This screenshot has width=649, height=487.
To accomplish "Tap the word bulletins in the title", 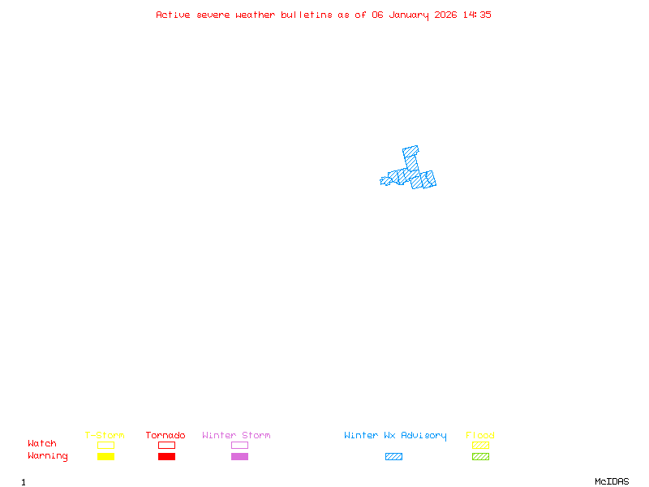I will (x=307, y=15).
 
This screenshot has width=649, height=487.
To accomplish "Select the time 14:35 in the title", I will (x=478, y=15).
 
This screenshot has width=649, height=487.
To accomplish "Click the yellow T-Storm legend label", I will (x=105, y=436).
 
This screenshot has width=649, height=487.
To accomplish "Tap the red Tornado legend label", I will (x=165, y=436).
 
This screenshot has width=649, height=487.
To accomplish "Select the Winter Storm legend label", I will (x=236, y=436).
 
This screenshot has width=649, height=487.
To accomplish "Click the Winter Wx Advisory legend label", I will (x=395, y=436).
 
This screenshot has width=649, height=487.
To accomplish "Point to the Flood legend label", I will (x=480, y=436).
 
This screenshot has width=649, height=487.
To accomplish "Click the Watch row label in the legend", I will (x=42, y=444).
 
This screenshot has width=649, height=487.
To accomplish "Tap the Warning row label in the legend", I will (x=48, y=456).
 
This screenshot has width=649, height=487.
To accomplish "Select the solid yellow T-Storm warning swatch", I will (x=105, y=457).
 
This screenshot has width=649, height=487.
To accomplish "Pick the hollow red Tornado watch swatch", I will (x=166, y=445).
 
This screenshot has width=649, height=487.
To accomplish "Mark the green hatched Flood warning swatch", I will (x=480, y=457).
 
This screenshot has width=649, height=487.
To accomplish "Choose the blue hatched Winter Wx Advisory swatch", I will (x=393, y=457).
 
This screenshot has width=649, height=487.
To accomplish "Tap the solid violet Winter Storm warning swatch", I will (x=239, y=457).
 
